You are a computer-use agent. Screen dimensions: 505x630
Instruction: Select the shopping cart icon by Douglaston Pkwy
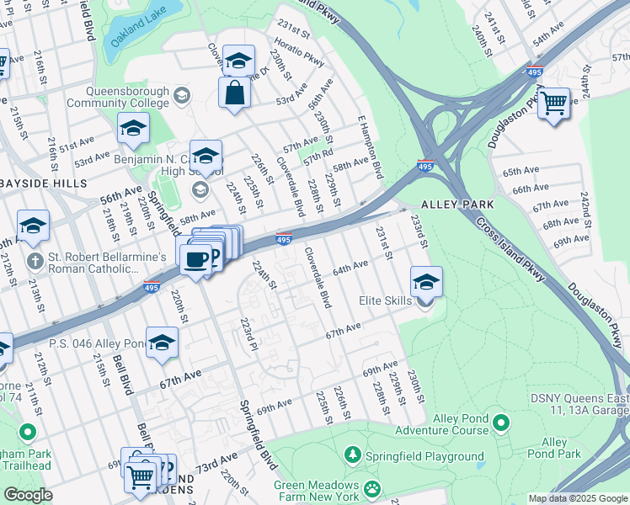click(553, 104)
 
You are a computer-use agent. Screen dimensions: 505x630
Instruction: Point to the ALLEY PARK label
click(450, 205)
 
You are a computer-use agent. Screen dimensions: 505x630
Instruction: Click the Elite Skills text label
click(385, 300)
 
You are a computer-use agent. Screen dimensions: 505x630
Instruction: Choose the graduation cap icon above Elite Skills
click(426, 283)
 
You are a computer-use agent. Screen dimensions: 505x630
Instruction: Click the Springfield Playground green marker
click(352, 455)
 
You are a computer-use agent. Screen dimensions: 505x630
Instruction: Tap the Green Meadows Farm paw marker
click(371, 486)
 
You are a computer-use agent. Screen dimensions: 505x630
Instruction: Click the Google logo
click(28, 495)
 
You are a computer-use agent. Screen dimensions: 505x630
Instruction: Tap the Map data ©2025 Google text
click(577, 498)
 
